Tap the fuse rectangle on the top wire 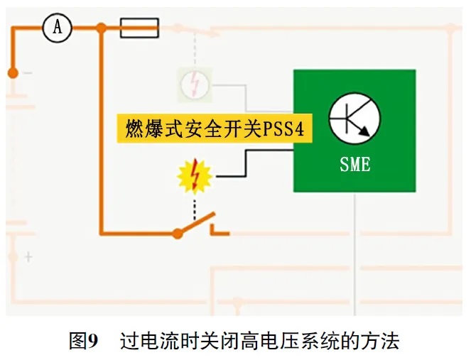(139, 28)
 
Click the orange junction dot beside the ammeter (102, 28)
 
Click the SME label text (354, 165)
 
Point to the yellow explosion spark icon (194, 175)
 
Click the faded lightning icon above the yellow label (193, 84)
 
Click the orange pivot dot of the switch (178, 233)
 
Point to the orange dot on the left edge (12, 72)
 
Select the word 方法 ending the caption (383, 341)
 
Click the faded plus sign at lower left (28, 257)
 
